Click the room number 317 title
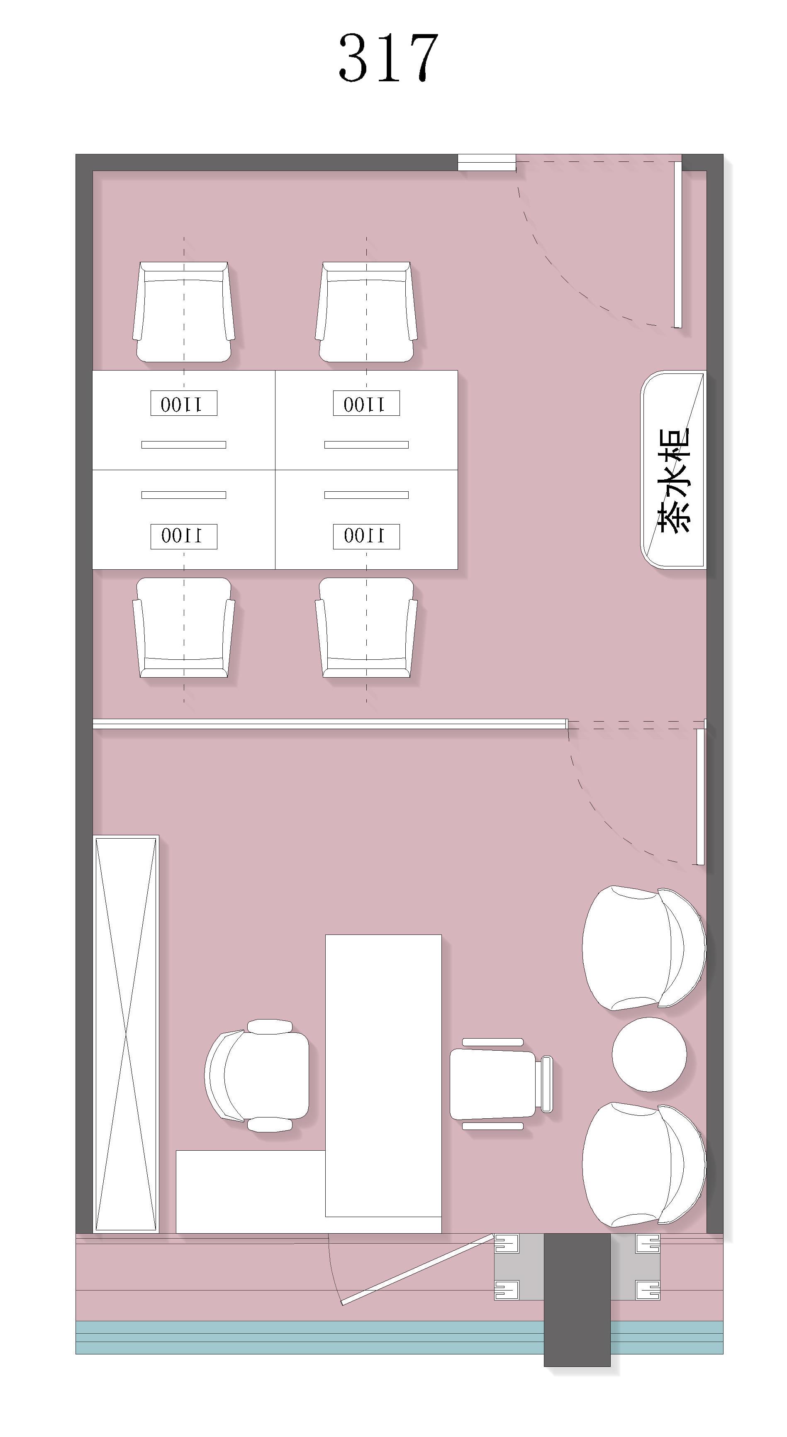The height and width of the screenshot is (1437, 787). (x=388, y=57)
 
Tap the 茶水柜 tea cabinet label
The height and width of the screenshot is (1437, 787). (x=674, y=480)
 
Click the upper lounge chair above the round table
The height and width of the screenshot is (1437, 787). (x=643, y=948)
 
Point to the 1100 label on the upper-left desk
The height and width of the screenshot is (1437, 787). (x=183, y=403)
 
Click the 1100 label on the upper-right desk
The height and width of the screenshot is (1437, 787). (x=366, y=403)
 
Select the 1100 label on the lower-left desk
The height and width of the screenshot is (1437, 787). (x=183, y=536)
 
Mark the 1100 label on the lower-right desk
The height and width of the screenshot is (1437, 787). (x=366, y=536)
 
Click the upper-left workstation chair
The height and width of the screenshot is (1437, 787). (x=183, y=312)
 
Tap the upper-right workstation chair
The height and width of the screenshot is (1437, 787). (x=366, y=312)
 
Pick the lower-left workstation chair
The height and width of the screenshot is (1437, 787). (x=183, y=627)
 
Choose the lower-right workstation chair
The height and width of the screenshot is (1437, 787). (x=366, y=627)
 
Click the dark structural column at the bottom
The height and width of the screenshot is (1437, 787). (x=577, y=1300)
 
